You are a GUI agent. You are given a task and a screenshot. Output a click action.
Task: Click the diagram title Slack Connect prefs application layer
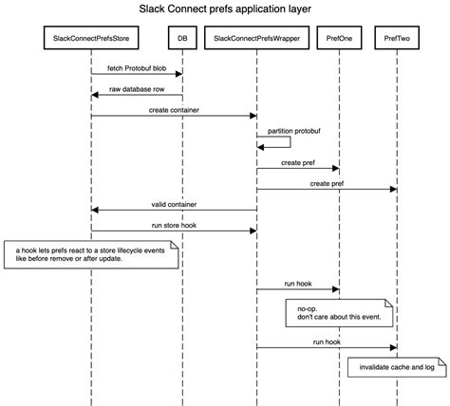click(224, 10)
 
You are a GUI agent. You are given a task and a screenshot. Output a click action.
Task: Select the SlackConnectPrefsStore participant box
click(91, 39)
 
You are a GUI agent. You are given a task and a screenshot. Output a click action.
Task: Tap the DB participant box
click(181, 39)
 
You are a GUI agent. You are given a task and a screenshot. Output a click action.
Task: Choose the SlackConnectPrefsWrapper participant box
click(255, 39)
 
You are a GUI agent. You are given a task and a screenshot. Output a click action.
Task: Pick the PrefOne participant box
click(340, 39)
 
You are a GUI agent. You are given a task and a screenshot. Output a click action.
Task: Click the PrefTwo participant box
click(397, 39)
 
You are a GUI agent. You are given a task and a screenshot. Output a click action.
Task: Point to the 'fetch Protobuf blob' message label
click(136, 67)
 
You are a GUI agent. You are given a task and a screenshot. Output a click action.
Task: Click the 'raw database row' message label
click(136, 89)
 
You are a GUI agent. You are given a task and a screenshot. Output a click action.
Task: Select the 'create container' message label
click(173, 110)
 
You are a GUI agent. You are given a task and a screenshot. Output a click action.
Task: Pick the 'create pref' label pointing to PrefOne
click(297, 162)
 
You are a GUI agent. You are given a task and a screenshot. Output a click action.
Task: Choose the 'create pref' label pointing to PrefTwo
click(326, 183)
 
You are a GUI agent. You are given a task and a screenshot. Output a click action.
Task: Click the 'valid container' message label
click(173, 204)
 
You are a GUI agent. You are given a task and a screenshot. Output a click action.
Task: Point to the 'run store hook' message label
click(173, 225)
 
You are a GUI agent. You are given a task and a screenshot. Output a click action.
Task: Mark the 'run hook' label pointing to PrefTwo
click(326, 342)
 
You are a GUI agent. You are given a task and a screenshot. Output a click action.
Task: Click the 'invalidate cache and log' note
click(396, 366)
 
